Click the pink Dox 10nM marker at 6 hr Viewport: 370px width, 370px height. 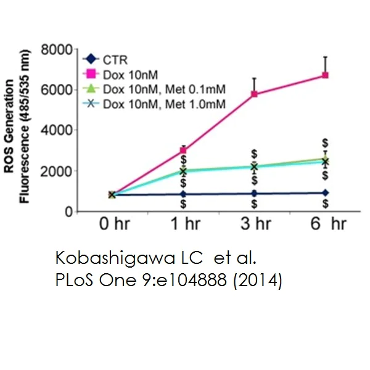326,75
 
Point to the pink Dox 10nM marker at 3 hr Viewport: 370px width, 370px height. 254,94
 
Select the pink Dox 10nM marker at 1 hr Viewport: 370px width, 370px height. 183,150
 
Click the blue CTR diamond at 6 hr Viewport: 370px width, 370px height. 326,193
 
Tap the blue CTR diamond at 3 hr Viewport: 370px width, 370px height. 254,194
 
